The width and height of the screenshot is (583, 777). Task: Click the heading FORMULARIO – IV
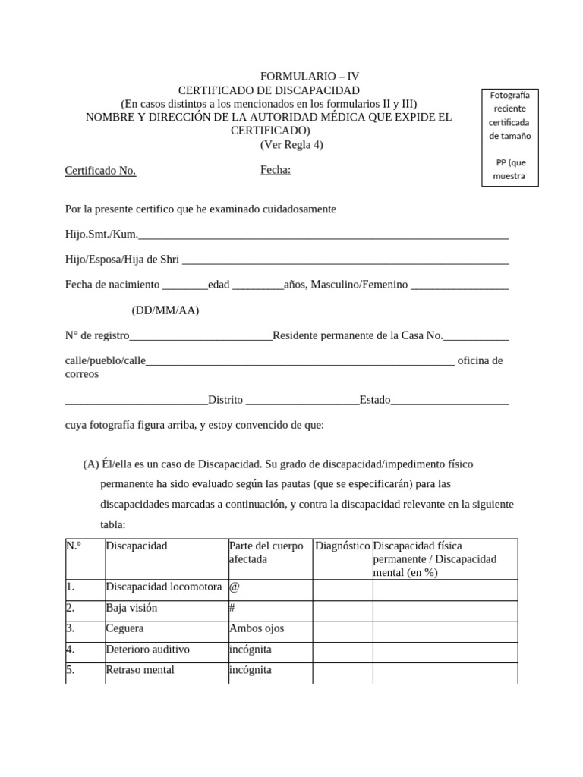[310, 77]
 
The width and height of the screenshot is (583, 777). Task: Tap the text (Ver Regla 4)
[291, 145]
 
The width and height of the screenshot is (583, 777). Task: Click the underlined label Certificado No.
[100, 171]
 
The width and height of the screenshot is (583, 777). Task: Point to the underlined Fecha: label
[276, 170]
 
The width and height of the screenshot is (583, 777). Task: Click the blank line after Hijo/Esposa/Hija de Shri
[345, 260]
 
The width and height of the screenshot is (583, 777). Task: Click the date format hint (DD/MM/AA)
[165, 310]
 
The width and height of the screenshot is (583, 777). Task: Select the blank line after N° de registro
[201, 337]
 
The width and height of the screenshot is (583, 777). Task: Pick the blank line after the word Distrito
[302, 401]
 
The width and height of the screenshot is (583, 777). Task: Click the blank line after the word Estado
[449, 401]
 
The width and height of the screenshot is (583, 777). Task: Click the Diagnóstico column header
[342, 546]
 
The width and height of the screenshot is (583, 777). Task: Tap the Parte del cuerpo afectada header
[266, 552]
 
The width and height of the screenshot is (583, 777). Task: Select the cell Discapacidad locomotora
[164, 587]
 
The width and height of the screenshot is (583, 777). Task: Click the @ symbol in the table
[234, 587]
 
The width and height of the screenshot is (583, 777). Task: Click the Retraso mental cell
[140, 670]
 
